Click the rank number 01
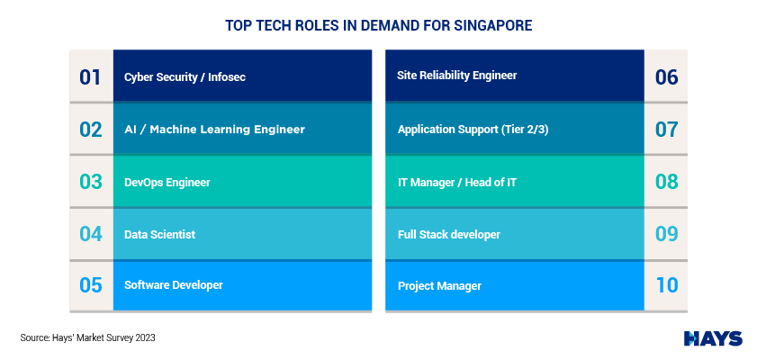click(90, 77)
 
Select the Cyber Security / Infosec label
click(185, 76)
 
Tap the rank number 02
click(91, 130)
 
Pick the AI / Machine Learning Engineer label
click(214, 130)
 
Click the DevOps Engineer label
click(167, 183)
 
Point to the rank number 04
click(91, 234)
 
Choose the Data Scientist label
click(160, 234)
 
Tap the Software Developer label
click(174, 284)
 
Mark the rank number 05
click(91, 284)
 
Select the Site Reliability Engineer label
click(457, 76)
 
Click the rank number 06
click(666, 77)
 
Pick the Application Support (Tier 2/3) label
click(473, 130)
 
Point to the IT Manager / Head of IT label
click(457, 183)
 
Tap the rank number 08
click(666, 182)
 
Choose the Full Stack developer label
click(449, 235)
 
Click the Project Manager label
click(439, 286)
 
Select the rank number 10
click(667, 284)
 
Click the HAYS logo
click(713, 338)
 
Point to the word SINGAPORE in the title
click(493, 25)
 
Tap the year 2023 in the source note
click(146, 337)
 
